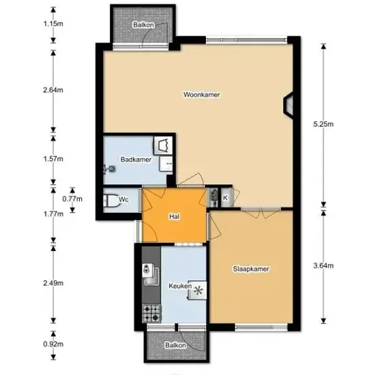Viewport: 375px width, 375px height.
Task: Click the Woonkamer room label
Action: click(201, 95)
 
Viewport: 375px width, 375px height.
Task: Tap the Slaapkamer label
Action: click(251, 269)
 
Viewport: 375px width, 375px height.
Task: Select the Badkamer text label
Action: click(136, 160)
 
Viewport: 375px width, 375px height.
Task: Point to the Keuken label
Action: click(180, 286)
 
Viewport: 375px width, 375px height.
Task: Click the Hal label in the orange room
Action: click(174, 217)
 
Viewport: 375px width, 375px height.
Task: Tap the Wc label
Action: click(123, 200)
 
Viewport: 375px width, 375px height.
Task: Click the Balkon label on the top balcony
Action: click(143, 25)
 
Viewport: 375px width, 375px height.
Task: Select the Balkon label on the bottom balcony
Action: click(175, 346)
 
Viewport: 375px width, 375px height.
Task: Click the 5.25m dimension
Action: click(323, 124)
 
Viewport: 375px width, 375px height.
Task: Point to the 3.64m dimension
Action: click(323, 266)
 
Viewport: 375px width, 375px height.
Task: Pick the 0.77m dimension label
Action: click(72, 199)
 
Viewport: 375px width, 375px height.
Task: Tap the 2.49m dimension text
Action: click(53, 283)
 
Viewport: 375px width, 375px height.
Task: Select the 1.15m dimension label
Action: click(53, 24)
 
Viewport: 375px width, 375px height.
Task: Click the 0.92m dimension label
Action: click(53, 344)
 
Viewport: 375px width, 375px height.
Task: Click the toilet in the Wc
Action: click(112, 200)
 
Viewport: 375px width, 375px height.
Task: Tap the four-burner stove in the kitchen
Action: click(151, 313)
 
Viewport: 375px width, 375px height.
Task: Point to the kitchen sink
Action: click(151, 274)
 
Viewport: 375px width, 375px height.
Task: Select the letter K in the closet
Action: click(225, 198)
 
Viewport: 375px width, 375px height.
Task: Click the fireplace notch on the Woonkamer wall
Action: click(288, 105)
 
